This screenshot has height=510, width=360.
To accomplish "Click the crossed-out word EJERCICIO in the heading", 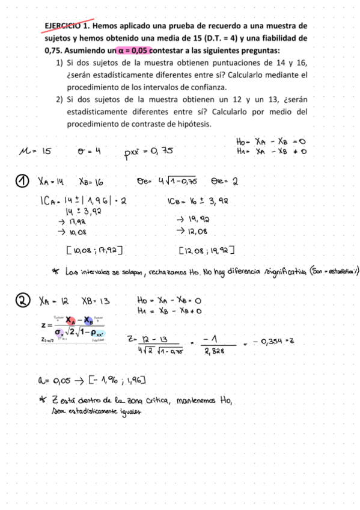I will tap(62, 26).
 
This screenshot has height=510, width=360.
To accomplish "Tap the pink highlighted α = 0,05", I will tap(130, 51).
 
